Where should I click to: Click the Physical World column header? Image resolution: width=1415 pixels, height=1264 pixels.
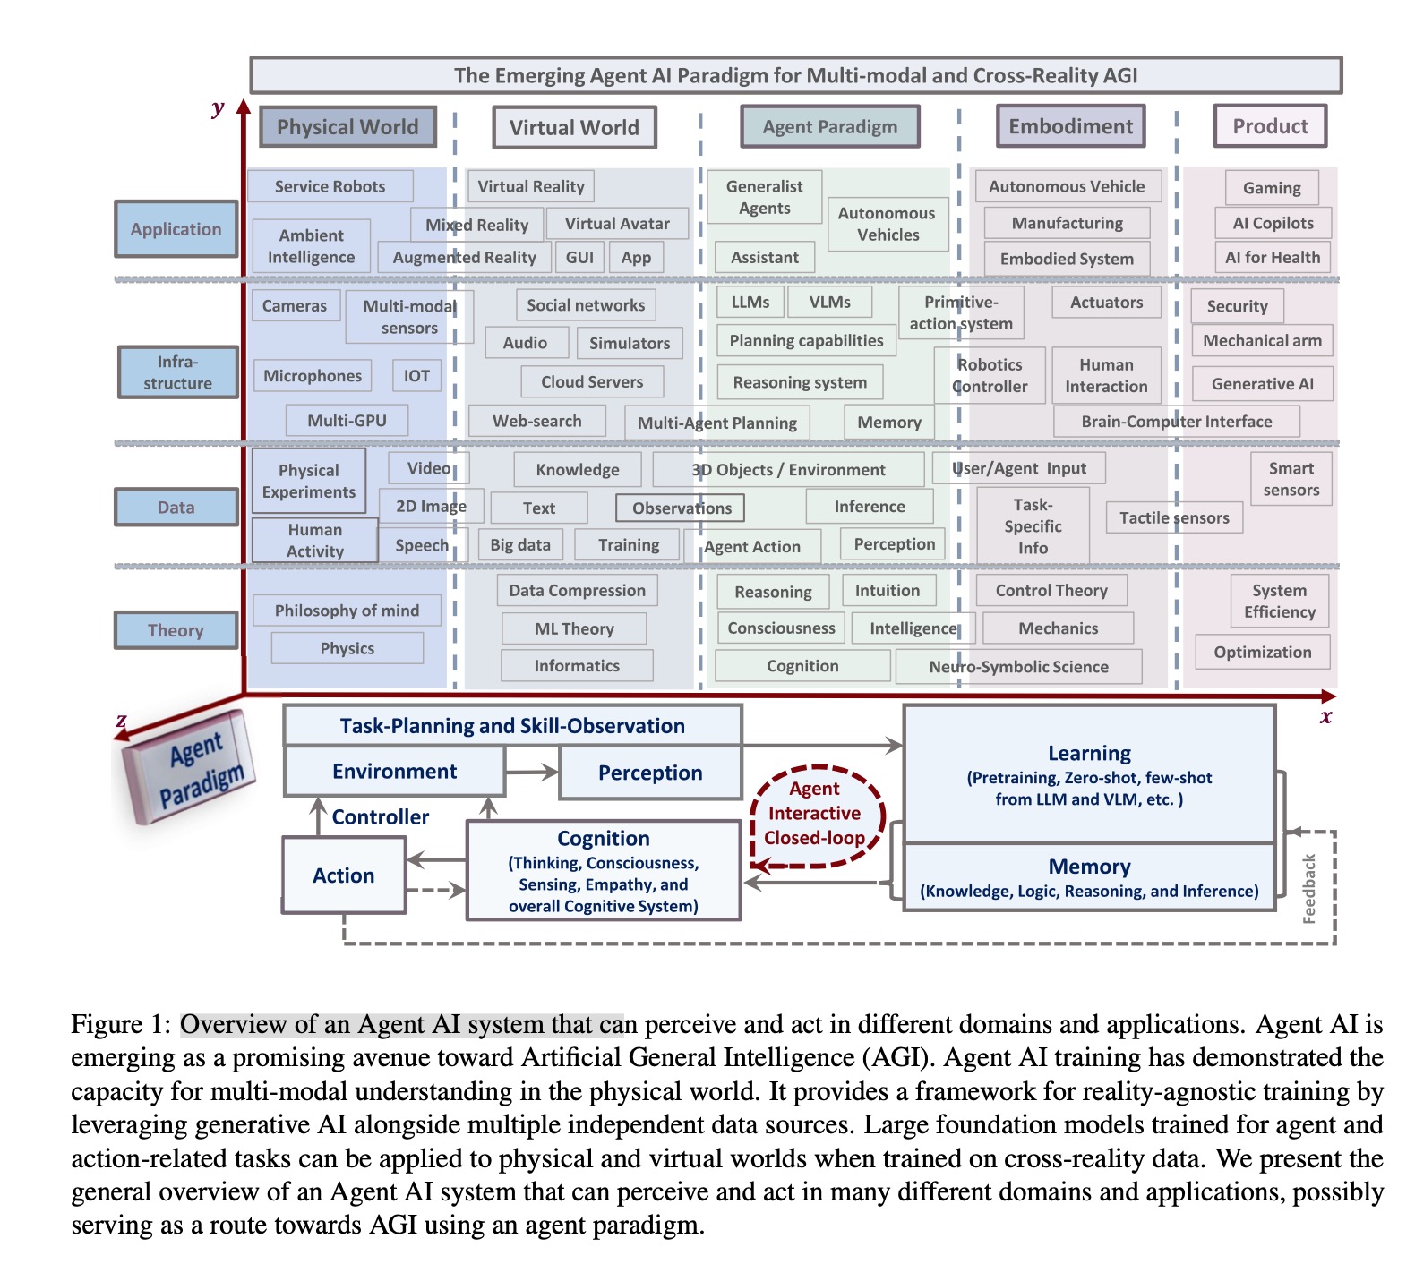coord(347,127)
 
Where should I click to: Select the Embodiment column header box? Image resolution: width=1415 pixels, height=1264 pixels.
coord(1070,126)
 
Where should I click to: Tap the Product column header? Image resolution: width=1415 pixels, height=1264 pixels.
coord(1270,126)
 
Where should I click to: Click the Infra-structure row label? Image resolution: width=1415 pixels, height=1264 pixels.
coord(178,372)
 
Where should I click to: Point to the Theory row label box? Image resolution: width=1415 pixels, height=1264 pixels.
coord(176,630)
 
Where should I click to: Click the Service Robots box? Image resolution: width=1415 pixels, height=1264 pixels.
coord(330,186)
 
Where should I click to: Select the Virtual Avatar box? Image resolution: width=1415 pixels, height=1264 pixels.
coord(617,224)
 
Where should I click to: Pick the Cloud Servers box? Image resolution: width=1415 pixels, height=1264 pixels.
coord(592,381)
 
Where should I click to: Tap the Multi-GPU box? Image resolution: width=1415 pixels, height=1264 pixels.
coord(347,420)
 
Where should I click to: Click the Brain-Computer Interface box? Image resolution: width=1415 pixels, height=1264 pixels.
coord(1176,421)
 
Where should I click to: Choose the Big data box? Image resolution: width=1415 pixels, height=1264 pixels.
coord(520,544)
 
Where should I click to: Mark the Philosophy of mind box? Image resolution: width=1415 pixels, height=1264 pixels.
coord(347,611)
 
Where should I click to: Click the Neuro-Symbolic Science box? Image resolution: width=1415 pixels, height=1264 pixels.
coord(1018,666)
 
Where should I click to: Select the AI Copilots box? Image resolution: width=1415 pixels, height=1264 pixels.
coord(1273,223)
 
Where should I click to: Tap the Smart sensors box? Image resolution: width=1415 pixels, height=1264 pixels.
coord(1291,479)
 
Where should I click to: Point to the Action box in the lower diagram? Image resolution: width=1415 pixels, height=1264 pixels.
coord(344,875)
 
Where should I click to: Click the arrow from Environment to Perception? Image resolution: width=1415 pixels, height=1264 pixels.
coord(532,772)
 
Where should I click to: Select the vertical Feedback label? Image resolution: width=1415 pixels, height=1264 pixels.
coord(1309,888)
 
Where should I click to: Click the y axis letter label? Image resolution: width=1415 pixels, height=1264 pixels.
coord(218,108)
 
